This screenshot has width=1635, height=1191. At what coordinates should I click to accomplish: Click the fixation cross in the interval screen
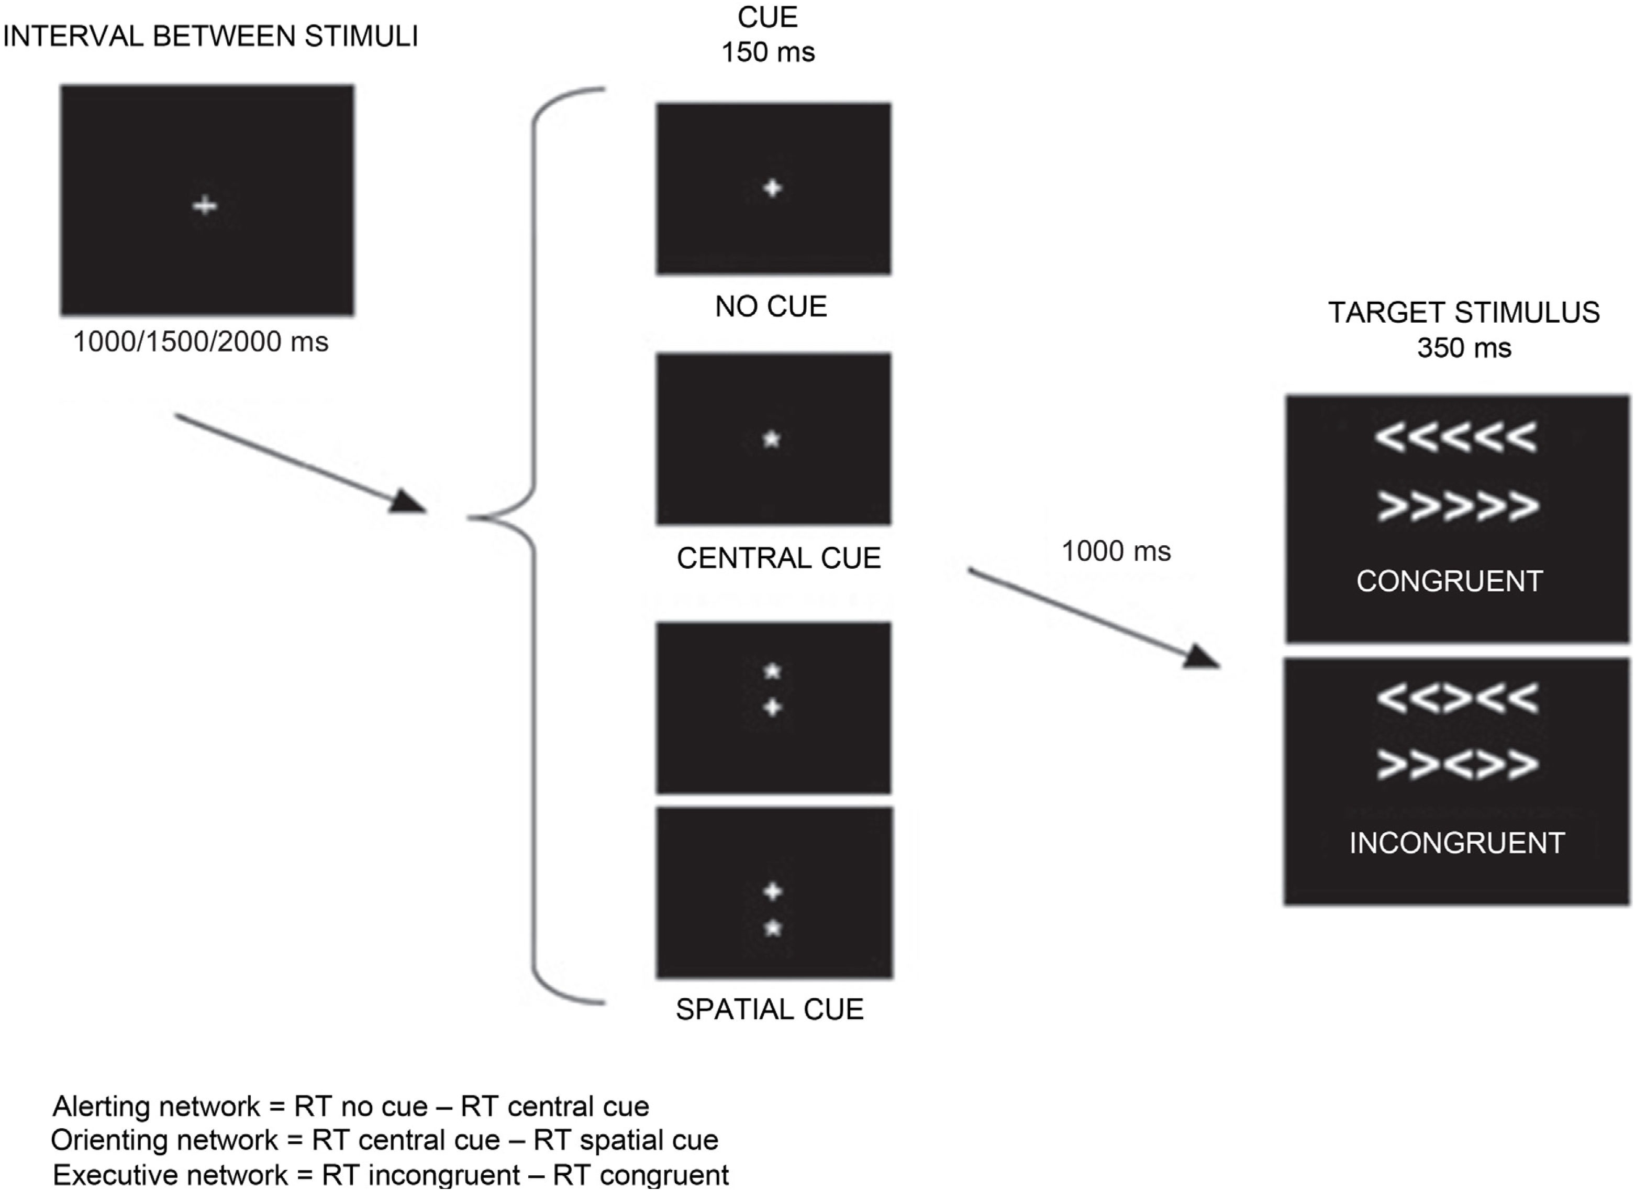[205, 206]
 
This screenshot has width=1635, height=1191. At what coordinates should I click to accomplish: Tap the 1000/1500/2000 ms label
[201, 342]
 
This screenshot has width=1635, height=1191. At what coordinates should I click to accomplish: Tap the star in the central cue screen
[771, 439]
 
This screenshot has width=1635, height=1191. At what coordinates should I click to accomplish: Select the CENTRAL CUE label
[778, 558]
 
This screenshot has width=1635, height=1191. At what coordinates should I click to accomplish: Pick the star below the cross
[773, 929]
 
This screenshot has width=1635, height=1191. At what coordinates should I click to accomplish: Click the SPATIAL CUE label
[769, 1010]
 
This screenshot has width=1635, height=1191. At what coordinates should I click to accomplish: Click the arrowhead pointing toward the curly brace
[408, 502]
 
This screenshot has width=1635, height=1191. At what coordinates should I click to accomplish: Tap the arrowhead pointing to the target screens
[1201, 657]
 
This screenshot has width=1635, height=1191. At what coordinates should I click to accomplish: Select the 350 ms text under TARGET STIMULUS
[1463, 348]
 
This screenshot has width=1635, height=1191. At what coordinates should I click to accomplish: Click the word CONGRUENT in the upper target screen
[1449, 581]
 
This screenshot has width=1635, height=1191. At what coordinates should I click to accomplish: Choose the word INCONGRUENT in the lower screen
[1457, 843]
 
